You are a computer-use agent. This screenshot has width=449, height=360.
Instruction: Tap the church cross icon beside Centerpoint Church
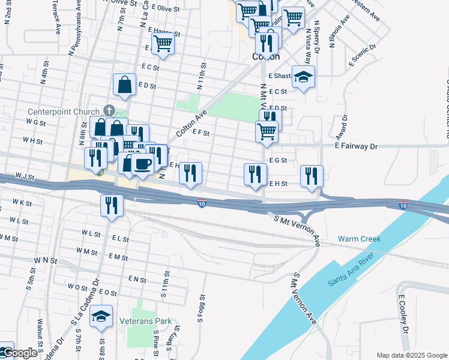[x=109, y=110]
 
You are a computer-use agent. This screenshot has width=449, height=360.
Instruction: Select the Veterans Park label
[x=145, y=321]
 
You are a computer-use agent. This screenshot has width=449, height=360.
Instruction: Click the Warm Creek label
[x=359, y=239]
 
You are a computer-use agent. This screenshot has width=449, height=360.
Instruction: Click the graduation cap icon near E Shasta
[x=304, y=77]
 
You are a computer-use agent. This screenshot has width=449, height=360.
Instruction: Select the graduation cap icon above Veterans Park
[x=101, y=316]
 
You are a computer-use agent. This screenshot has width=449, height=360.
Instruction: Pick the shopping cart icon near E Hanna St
[x=163, y=43]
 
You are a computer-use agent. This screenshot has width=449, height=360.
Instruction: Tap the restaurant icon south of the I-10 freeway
[x=112, y=205]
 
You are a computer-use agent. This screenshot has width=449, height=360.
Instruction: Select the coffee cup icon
[x=142, y=164]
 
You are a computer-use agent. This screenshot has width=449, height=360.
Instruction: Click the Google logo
[x=19, y=353]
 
